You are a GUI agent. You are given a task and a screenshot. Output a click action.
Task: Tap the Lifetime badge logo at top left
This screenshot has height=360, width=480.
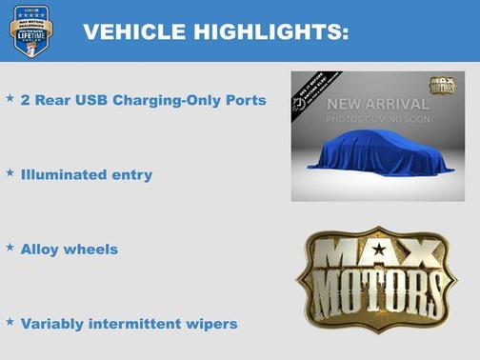pos(30,30)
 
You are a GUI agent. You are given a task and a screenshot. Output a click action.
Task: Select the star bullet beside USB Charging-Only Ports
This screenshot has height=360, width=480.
pos(10,98)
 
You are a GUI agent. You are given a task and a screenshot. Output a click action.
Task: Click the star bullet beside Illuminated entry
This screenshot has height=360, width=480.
pos(10,173)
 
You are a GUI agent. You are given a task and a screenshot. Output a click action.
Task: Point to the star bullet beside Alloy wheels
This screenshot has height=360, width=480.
pos(10,248)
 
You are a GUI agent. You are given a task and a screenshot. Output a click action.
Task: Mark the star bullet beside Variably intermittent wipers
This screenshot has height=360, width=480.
pos(10,322)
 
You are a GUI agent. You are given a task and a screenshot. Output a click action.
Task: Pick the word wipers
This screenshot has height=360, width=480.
pos(212,324)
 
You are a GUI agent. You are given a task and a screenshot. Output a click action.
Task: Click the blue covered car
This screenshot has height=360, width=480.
pos(380,153)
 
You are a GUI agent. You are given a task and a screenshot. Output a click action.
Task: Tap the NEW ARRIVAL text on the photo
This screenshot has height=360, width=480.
pos(379,103)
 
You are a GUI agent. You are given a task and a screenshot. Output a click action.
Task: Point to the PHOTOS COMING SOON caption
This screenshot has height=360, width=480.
pos(379,119)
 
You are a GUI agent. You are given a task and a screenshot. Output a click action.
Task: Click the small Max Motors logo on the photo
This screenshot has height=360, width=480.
pos(442,86)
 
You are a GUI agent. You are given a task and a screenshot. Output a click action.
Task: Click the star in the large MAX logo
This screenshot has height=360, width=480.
pos(379,249)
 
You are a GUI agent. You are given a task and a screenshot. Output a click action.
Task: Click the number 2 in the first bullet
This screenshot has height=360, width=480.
pos(25,100)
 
